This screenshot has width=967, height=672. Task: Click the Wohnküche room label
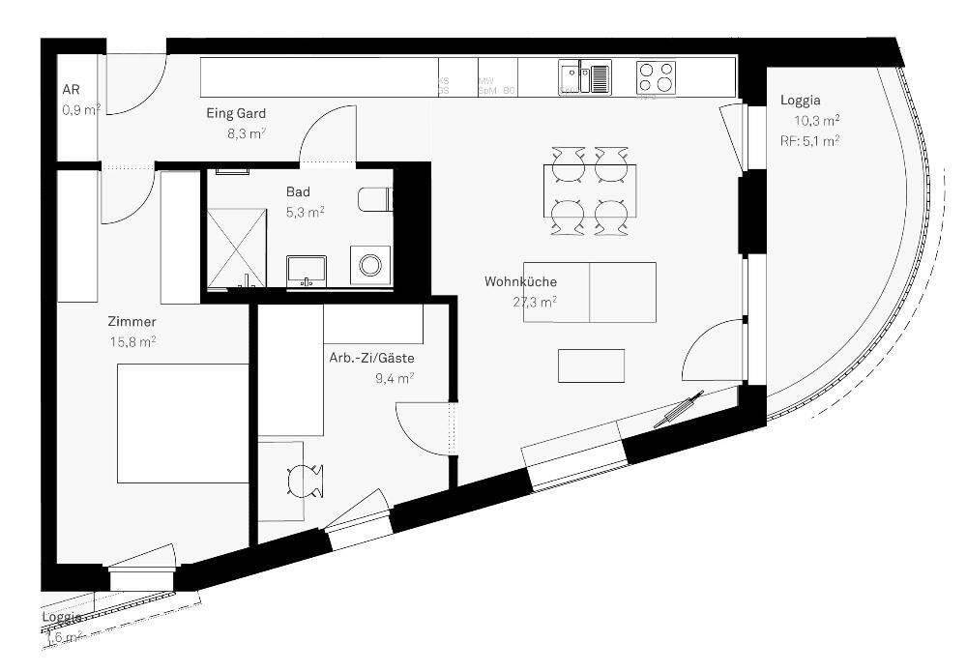520,282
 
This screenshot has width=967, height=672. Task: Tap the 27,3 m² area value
534,302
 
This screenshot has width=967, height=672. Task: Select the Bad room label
298,192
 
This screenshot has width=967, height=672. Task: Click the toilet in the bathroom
375,198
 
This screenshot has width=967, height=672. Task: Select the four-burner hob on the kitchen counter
658,76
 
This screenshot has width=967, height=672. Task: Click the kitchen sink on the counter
584,76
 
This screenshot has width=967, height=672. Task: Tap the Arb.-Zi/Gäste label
371,358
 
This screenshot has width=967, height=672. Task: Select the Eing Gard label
236,114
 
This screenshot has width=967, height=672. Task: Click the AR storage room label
71,91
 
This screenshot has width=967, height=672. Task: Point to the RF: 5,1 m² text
809,140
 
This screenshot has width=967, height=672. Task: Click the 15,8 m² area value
133,340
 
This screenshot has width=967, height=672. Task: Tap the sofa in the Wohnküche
590,292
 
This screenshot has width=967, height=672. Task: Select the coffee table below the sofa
592,365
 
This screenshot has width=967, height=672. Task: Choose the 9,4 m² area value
395,378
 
